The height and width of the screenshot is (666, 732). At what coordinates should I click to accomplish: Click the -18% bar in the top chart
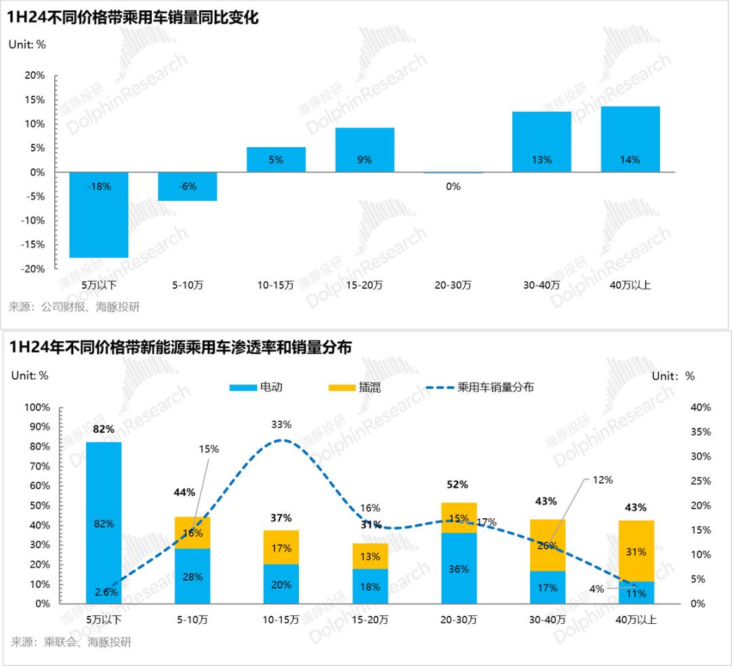98,215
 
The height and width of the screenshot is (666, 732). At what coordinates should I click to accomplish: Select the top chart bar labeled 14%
630,139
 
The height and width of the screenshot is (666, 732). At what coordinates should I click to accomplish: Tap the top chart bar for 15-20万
364,150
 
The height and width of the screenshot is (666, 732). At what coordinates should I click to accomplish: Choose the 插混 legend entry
354,387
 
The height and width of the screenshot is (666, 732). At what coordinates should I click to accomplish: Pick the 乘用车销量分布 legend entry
481,387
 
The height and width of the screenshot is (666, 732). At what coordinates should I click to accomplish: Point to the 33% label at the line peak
281,425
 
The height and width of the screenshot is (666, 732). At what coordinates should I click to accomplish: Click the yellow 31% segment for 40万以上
636,551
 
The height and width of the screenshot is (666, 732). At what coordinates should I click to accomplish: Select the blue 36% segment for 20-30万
458,568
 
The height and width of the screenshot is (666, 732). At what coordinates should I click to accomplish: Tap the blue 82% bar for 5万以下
104,522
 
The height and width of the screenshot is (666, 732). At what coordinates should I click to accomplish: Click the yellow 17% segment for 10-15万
281,547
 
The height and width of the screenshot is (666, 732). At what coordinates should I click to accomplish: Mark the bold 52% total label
458,484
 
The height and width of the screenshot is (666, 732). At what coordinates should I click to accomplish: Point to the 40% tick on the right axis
701,407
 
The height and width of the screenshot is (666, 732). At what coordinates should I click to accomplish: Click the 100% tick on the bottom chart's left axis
37,407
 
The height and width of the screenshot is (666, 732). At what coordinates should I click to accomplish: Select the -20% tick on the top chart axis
33,269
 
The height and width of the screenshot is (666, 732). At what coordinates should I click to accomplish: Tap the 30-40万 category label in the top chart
542,285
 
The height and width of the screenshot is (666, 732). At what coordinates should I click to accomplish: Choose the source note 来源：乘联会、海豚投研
71,642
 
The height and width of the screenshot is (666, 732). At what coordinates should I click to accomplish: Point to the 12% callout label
602,479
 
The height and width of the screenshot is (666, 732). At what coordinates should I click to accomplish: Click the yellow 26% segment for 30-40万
547,545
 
